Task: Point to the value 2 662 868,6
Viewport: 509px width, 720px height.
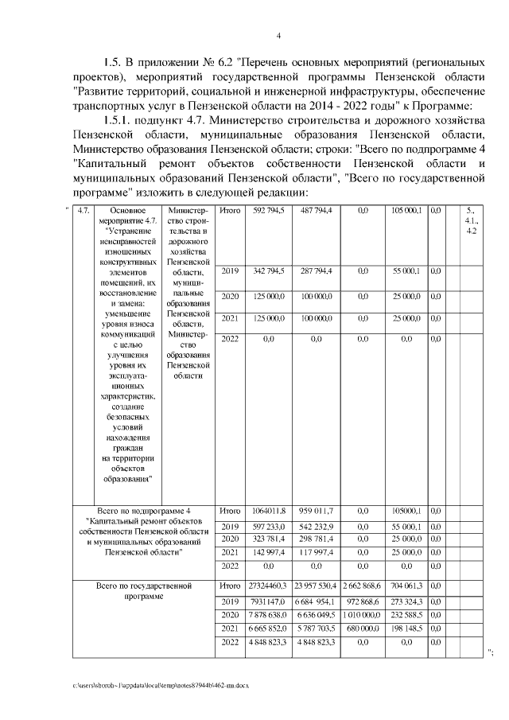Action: click(363, 586)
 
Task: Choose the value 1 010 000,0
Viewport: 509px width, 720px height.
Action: click(363, 615)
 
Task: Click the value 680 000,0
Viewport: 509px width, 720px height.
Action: click(363, 628)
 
